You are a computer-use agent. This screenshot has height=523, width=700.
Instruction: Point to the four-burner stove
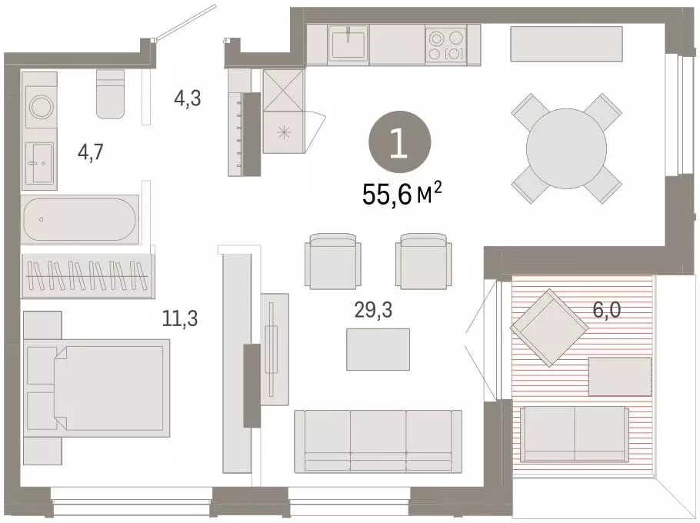point(446,44)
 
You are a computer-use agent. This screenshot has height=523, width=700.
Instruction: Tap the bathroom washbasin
point(39,163)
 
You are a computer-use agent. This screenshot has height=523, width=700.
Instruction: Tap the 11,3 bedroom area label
point(182,317)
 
